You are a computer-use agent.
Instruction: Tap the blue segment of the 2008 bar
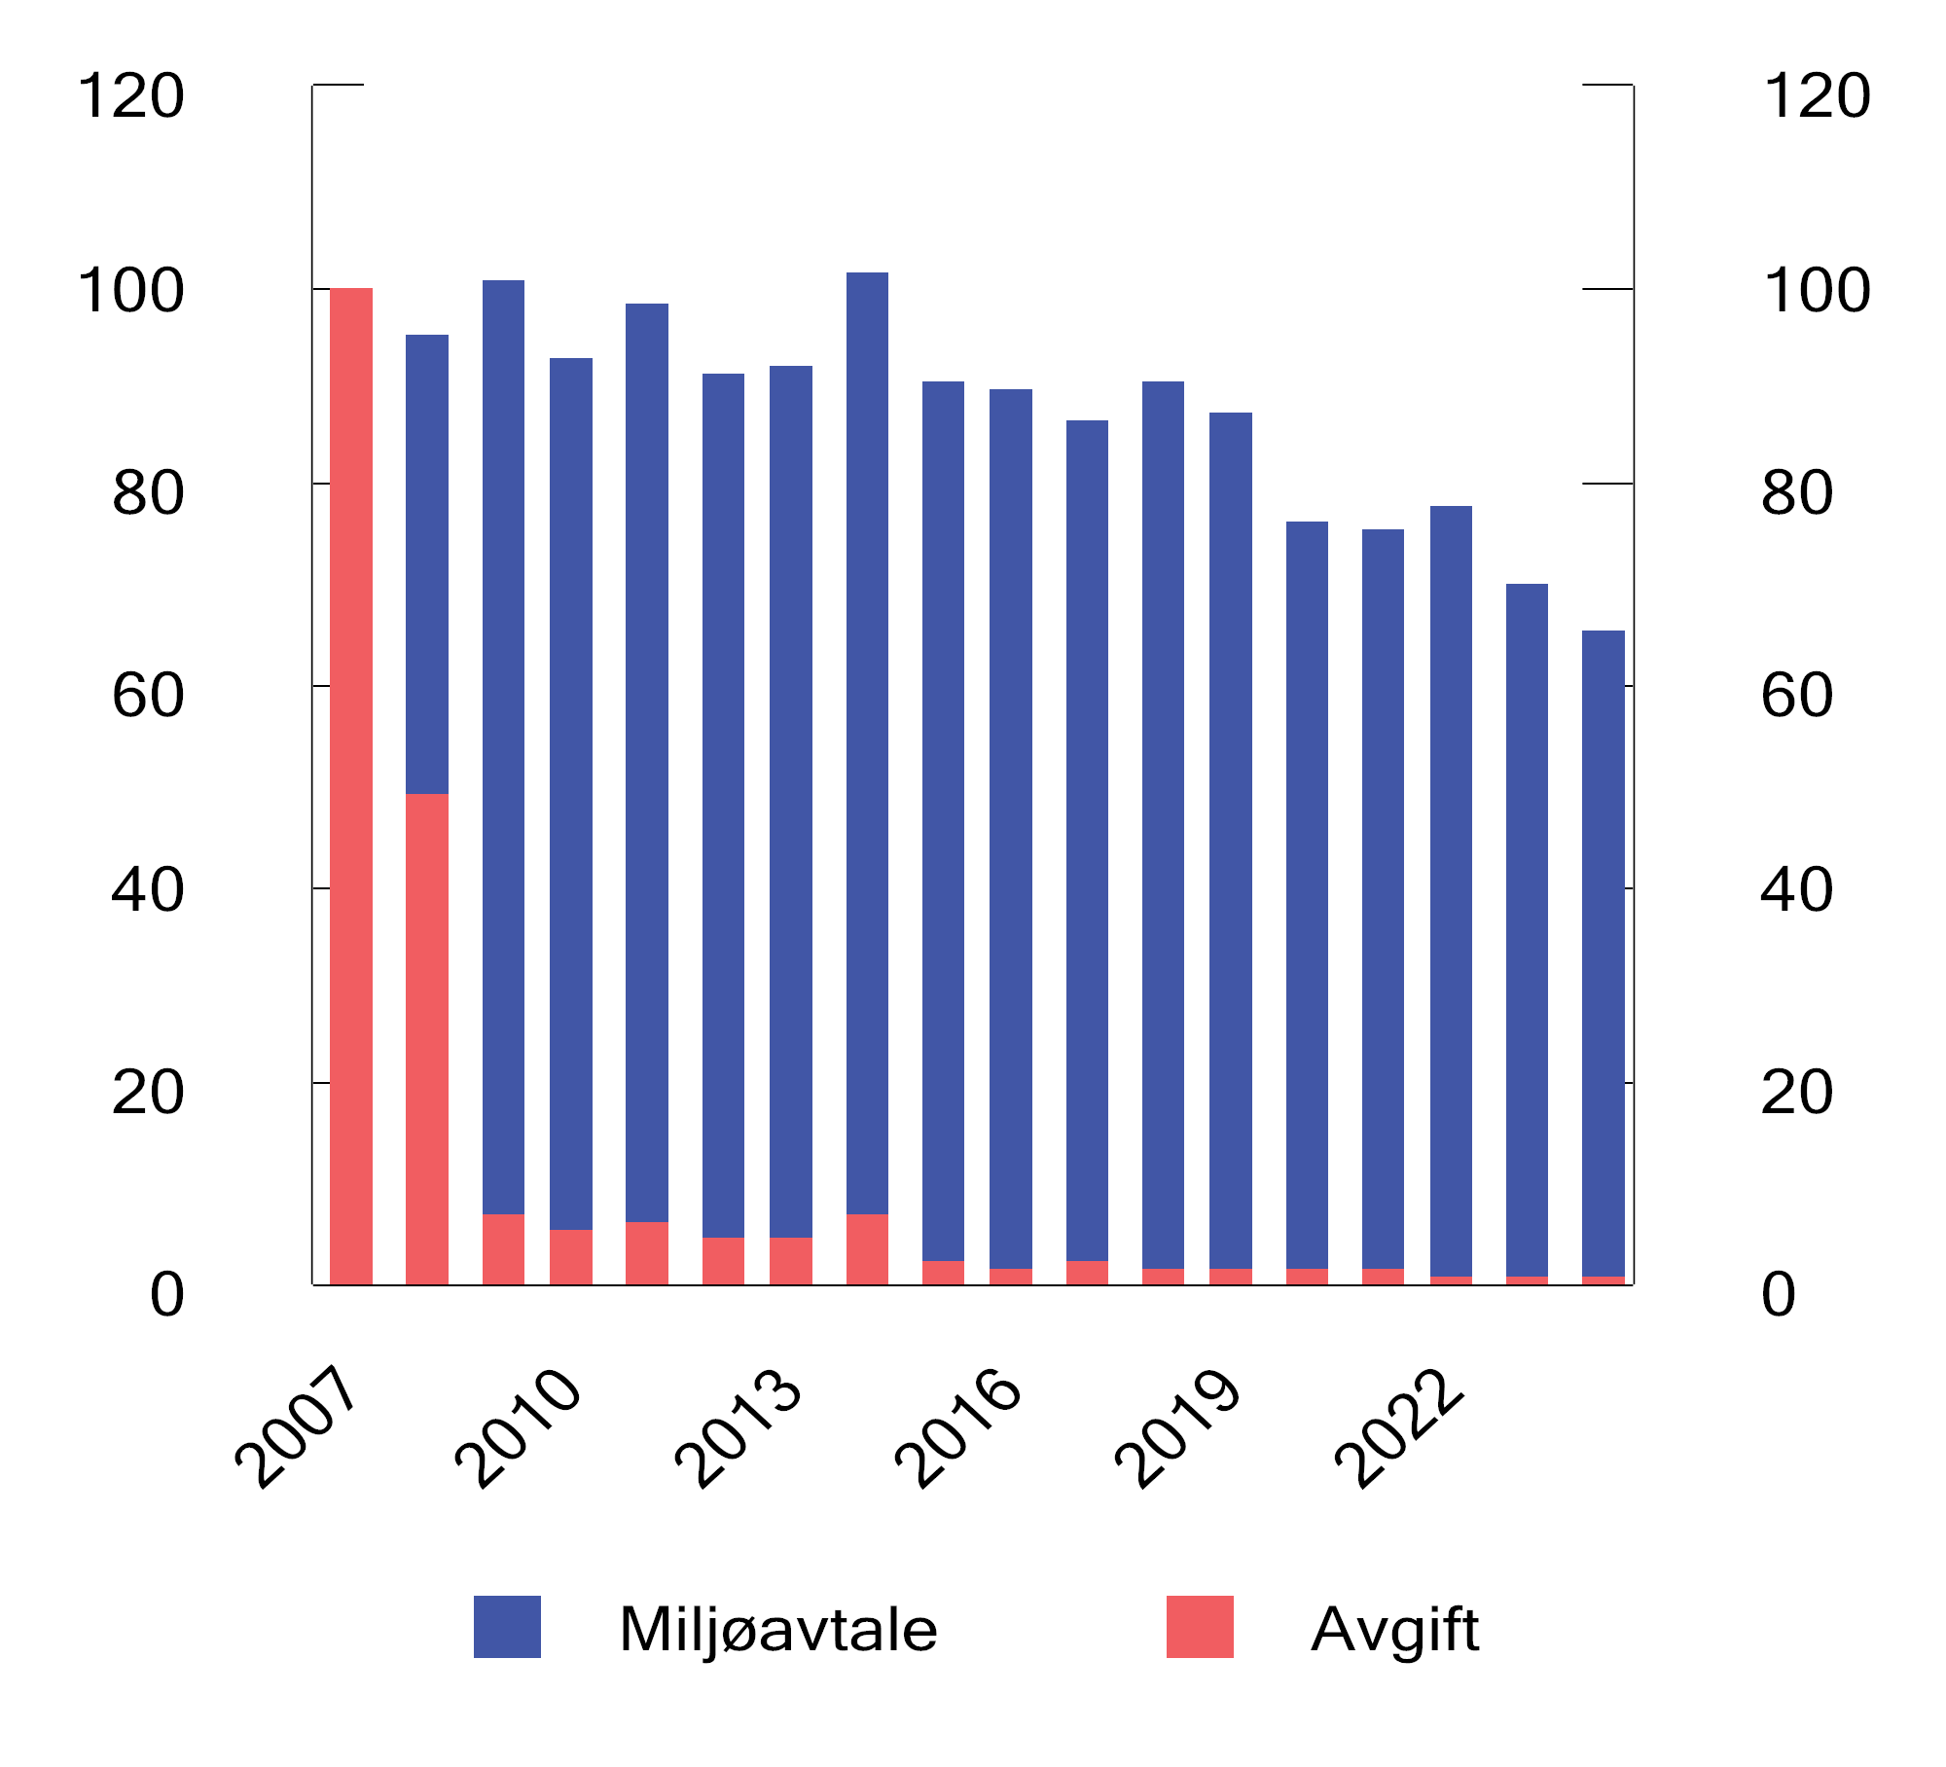(427, 564)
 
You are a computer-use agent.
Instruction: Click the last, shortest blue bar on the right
(1604, 953)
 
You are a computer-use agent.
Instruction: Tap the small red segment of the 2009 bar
(503, 1249)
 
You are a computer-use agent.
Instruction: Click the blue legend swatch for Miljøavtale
(507, 1627)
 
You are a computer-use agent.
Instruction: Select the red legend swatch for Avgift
(1200, 1627)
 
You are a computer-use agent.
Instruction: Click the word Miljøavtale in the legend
(777, 1629)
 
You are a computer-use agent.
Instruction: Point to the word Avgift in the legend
(1394, 1629)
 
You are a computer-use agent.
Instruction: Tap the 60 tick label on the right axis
(1796, 695)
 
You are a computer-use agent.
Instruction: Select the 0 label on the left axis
(166, 1295)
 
